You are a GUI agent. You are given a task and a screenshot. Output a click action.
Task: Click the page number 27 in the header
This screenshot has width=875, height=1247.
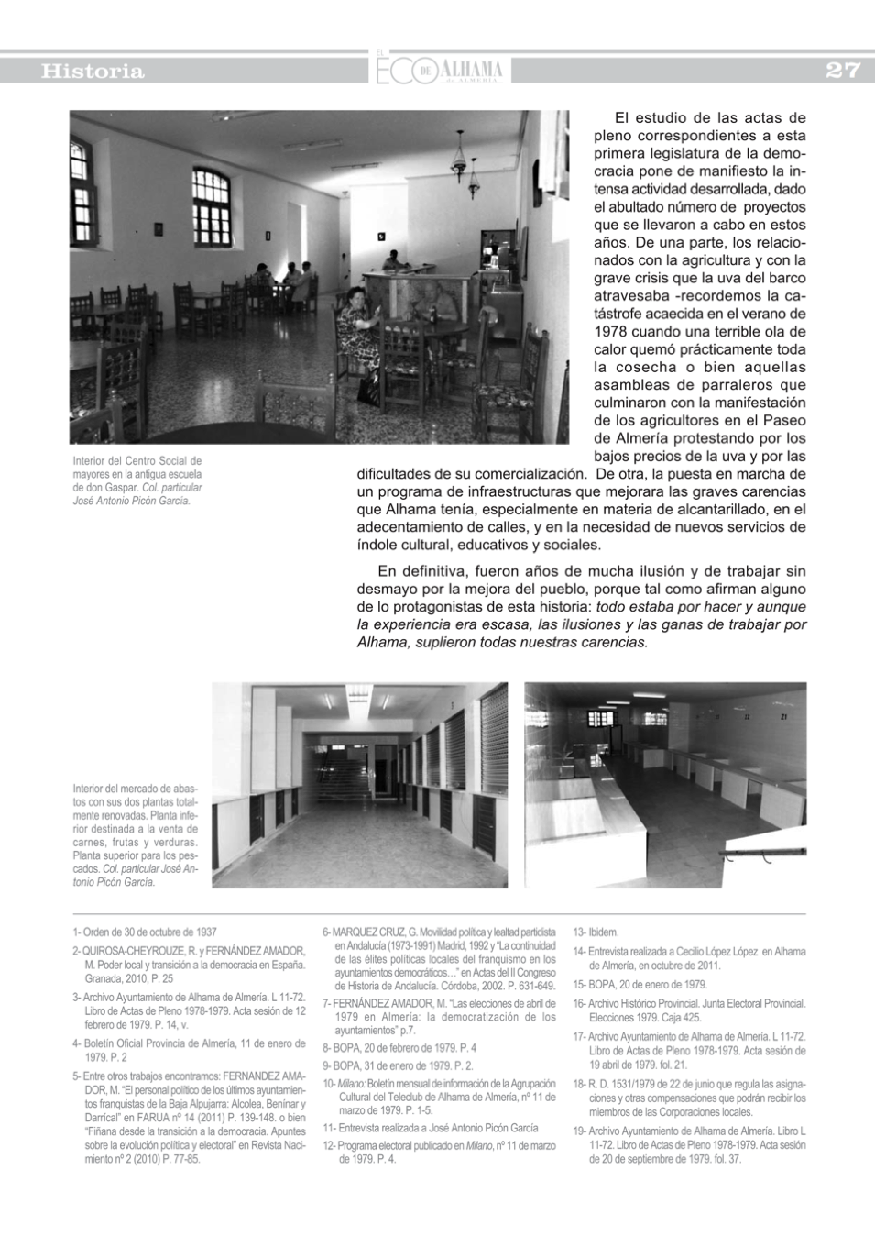(x=842, y=71)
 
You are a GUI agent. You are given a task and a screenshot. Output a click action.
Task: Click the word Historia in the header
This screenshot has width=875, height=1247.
(x=93, y=72)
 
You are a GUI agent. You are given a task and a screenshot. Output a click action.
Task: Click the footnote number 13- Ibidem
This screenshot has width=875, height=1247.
(x=596, y=932)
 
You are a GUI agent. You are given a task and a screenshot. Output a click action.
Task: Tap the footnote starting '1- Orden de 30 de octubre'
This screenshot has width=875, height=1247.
(x=145, y=932)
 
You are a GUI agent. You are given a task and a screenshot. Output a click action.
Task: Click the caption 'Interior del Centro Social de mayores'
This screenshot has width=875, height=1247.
(x=137, y=480)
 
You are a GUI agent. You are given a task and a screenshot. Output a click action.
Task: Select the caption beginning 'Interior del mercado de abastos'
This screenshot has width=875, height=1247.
(x=136, y=834)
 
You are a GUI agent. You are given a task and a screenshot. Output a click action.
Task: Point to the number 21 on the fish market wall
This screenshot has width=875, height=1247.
(x=782, y=716)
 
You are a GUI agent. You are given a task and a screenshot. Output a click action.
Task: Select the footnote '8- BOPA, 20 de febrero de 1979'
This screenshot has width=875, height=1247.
(x=399, y=1048)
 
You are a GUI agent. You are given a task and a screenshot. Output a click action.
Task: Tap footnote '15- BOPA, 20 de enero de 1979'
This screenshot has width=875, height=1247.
(x=640, y=985)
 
